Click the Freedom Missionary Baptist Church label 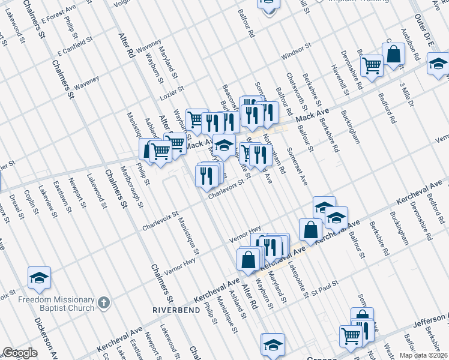pyautogui.click(x=48, y=304)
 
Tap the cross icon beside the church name pyautogui.click(x=104, y=303)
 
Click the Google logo pyautogui.click(x=20, y=353)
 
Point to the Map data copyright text pyautogui.click(x=427, y=355)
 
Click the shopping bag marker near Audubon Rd pyautogui.click(x=394, y=54)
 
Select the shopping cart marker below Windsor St pyautogui.click(x=372, y=66)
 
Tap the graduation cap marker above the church pyautogui.click(x=39, y=278)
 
